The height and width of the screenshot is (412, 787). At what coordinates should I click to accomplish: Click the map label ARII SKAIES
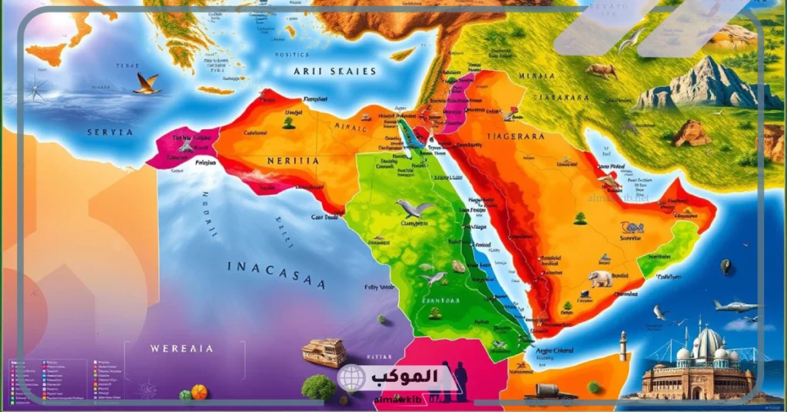click(334, 71)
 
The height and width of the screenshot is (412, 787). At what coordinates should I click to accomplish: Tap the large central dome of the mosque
click(709, 343)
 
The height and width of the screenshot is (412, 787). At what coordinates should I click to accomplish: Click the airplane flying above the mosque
click(734, 306)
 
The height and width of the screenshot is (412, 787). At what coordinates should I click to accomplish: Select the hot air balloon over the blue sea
click(725, 267)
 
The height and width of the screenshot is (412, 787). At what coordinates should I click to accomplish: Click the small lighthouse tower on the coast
click(623, 345)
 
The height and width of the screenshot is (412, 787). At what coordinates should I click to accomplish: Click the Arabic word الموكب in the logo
click(403, 377)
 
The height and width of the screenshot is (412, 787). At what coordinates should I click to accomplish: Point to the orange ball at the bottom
click(198, 392)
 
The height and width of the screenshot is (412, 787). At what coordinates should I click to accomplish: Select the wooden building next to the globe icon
click(324, 353)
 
